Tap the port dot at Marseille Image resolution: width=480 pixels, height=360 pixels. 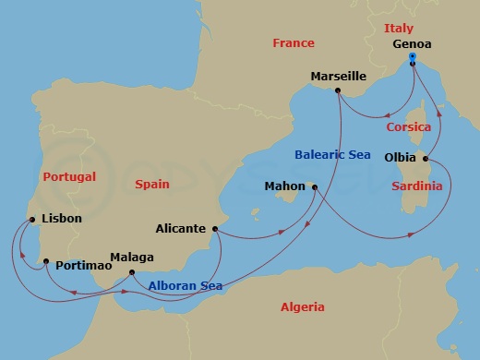tap(339, 90)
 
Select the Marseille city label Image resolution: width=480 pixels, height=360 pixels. tap(339, 76)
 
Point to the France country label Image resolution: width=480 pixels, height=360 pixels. tap(294, 43)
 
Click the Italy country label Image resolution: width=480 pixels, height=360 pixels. tap(399, 29)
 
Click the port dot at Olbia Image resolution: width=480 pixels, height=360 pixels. tap(425, 158)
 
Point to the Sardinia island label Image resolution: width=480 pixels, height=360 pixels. tap(417, 186)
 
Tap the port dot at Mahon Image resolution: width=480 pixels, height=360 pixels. tap(315, 188)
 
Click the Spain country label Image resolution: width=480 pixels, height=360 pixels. tap(151, 184)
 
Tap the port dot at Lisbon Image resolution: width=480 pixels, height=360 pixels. tap(32, 220)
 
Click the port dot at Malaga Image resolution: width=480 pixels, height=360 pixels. tap(132, 272)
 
